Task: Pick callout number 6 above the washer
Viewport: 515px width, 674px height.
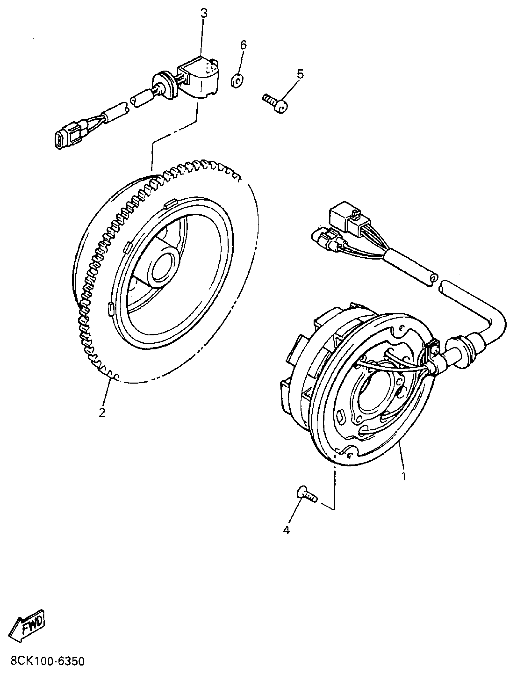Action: point(243,45)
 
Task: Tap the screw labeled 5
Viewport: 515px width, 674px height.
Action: point(276,103)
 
